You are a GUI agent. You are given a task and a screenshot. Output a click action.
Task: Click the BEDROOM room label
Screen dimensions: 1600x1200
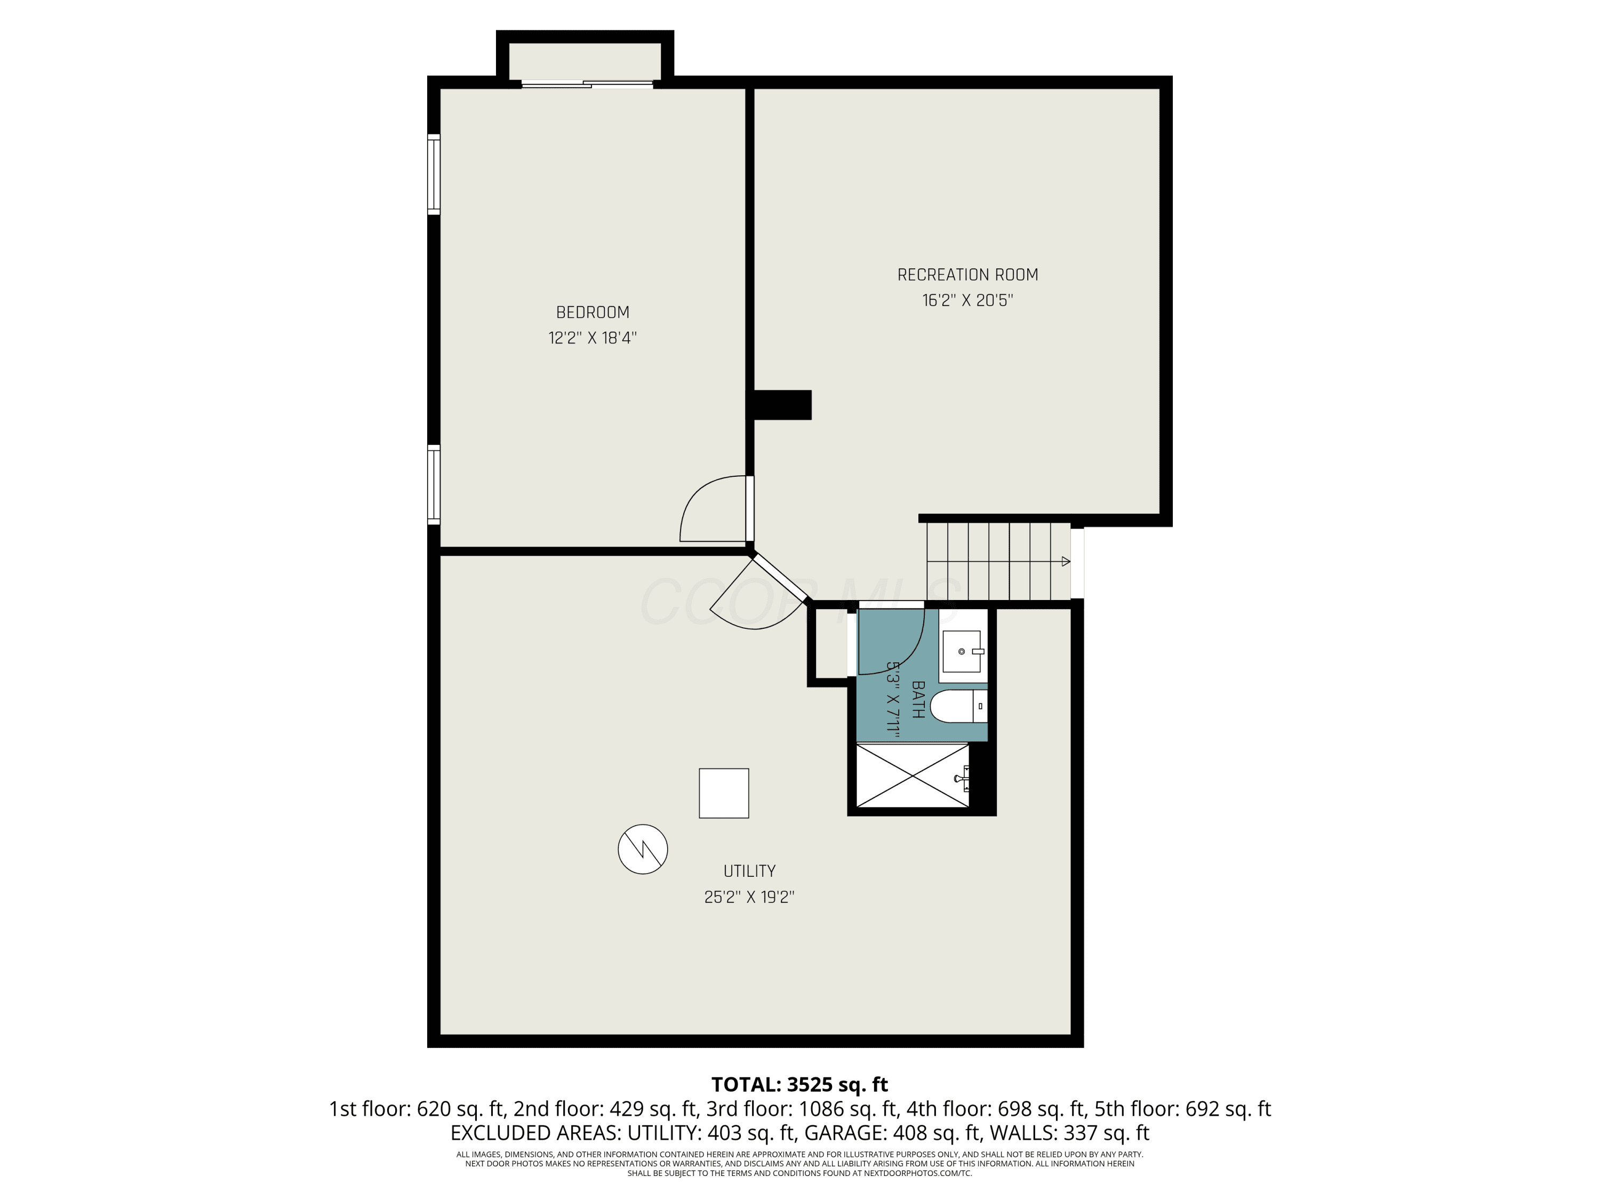593,313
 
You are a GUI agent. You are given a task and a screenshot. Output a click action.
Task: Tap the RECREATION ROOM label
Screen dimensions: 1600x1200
968,275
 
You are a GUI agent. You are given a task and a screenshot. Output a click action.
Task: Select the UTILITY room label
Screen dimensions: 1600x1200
749,871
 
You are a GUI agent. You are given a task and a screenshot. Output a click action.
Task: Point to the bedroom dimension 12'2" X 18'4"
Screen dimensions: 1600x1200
593,338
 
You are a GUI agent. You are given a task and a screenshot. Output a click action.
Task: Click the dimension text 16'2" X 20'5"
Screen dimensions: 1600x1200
968,300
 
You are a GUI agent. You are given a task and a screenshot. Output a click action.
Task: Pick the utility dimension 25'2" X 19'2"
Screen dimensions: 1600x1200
749,897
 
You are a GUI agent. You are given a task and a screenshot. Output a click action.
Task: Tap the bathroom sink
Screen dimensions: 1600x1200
963,652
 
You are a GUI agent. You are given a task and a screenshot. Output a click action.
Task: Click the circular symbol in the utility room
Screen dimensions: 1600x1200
642,849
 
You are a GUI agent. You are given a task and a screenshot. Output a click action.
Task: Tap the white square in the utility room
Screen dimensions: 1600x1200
723,793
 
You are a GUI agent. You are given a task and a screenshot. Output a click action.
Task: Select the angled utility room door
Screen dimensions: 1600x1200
780,578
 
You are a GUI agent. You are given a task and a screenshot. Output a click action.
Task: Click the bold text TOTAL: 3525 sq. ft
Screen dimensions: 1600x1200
799,1084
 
